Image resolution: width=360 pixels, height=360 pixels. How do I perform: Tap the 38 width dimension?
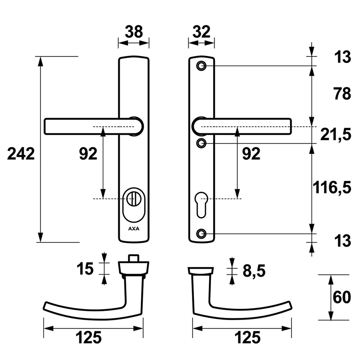134,32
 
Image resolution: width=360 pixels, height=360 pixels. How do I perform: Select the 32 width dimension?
202,32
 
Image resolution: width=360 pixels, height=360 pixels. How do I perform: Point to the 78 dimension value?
342,94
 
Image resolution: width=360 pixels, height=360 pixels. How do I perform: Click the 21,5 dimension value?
336,135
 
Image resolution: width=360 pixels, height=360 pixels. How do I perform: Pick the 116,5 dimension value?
332,188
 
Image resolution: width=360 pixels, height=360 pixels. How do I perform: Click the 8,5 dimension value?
254,271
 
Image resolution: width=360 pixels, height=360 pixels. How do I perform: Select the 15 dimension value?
85,269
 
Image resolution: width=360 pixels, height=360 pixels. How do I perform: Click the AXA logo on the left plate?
134,229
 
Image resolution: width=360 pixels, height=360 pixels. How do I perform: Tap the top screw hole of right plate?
201,66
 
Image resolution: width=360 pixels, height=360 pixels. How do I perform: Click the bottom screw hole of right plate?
201,234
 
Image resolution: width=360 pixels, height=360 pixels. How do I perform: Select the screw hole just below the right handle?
201,143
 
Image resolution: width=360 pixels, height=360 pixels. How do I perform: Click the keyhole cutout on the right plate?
201,204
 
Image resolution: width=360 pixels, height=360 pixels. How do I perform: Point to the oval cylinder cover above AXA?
134,206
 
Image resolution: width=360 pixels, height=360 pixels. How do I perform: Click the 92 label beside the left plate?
88,154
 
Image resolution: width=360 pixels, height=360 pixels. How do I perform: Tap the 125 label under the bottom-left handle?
89,337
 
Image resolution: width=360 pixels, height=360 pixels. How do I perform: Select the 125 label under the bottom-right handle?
248,337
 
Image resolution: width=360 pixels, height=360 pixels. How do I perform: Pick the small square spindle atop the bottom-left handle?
134,258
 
